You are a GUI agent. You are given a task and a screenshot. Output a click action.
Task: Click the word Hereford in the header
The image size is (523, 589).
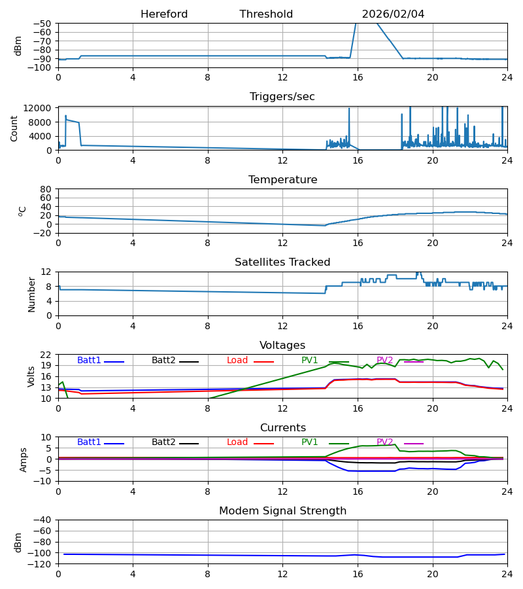pyautogui.click(x=164, y=14)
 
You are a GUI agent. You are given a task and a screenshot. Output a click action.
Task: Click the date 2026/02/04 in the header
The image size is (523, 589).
pyautogui.click(x=393, y=14)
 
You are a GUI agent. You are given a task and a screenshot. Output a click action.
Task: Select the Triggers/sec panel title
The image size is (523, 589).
pyautogui.click(x=282, y=97)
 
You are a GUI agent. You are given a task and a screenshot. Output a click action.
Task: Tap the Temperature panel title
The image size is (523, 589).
pyautogui.click(x=282, y=180)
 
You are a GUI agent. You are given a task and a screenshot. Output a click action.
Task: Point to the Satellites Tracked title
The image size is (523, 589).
pyautogui.click(x=282, y=262)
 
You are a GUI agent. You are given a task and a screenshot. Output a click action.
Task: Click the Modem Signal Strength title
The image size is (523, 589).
pyautogui.click(x=282, y=511)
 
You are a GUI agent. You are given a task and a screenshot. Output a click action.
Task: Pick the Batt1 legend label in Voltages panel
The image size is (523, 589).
pyautogui.click(x=89, y=361)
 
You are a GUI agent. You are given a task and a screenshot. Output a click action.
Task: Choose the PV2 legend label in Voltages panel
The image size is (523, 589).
pyautogui.click(x=385, y=361)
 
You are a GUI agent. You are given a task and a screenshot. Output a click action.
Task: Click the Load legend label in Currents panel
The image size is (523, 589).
pyautogui.click(x=238, y=442)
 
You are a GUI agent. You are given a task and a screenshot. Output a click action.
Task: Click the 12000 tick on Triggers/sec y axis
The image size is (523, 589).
pyautogui.click(x=41, y=109)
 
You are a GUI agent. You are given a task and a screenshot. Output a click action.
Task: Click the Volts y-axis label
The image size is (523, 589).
pyautogui.click(x=31, y=376)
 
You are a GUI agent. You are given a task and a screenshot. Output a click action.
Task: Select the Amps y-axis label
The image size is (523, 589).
pyautogui.click(x=24, y=459)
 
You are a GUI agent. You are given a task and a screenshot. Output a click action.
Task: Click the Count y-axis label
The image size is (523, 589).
pyautogui.click(x=14, y=128)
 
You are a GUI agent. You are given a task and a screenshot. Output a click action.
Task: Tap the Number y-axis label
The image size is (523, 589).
pyautogui.click(x=31, y=294)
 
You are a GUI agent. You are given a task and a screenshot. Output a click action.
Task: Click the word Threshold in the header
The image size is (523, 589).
pyautogui.click(x=266, y=14)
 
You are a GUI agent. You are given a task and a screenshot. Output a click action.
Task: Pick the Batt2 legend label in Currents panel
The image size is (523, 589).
pyautogui.click(x=163, y=442)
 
